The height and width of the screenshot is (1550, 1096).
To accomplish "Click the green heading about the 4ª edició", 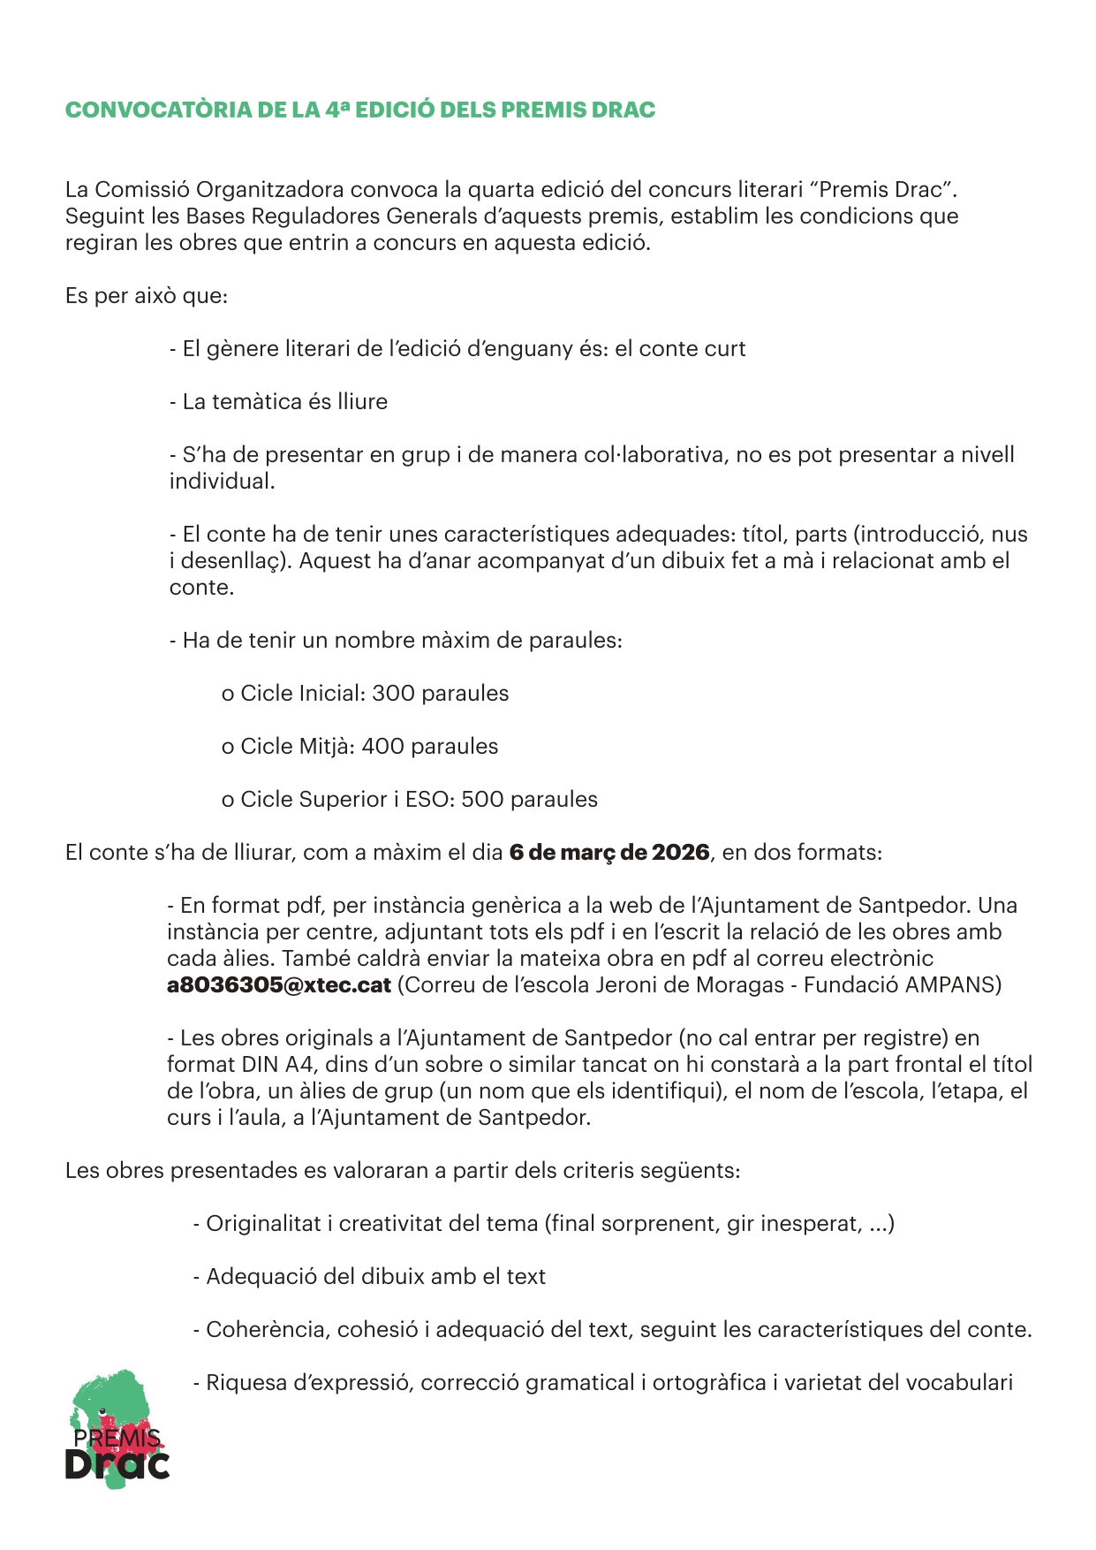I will pos(360,110).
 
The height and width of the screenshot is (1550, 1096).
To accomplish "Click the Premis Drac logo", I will pos(117,1429).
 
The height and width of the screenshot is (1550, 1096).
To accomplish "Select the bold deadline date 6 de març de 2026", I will pos(609,853).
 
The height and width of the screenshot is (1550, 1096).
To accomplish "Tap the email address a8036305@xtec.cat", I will pos(279,985).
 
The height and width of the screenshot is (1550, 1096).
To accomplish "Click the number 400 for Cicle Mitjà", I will pos(383,747).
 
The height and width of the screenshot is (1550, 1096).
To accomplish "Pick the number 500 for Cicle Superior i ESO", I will pos(482,800).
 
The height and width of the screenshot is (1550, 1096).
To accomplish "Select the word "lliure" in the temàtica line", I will pos(362,402).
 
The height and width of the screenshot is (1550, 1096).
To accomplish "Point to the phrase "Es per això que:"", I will pos(147,296).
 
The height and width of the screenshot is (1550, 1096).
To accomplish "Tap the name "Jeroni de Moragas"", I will pos(690,985).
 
